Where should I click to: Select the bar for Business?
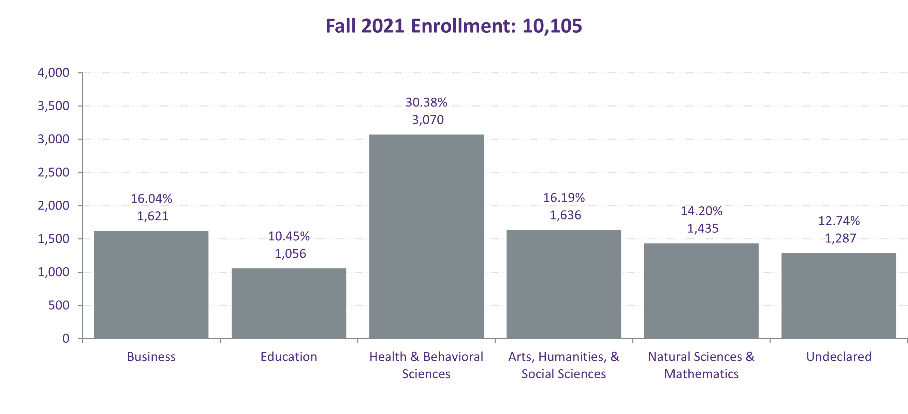click(x=151, y=285)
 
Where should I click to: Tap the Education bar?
click(x=289, y=303)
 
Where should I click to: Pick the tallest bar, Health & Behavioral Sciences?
click(x=426, y=236)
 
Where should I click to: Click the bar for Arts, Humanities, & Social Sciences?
click(x=563, y=284)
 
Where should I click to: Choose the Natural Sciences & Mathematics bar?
click(x=701, y=291)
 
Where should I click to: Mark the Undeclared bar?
click(x=838, y=296)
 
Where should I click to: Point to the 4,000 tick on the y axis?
click(x=54, y=73)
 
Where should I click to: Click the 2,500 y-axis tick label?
click(x=54, y=172)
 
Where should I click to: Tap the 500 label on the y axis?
click(x=59, y=305)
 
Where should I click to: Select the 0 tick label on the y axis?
click(x=66, y=339)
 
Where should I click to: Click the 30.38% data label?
click(x=426, y=102)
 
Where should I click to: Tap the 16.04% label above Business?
click(x=151, y=199)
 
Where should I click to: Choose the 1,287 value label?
click(x=840, y=238)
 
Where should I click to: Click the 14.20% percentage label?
click(x=701, y=211)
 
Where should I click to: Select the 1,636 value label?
click(x=566, y=215)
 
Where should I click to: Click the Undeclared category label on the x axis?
click(x=839, y=357)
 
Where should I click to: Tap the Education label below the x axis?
click(x=289, y=357)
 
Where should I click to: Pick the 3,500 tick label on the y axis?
click(x=54, y=106)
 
